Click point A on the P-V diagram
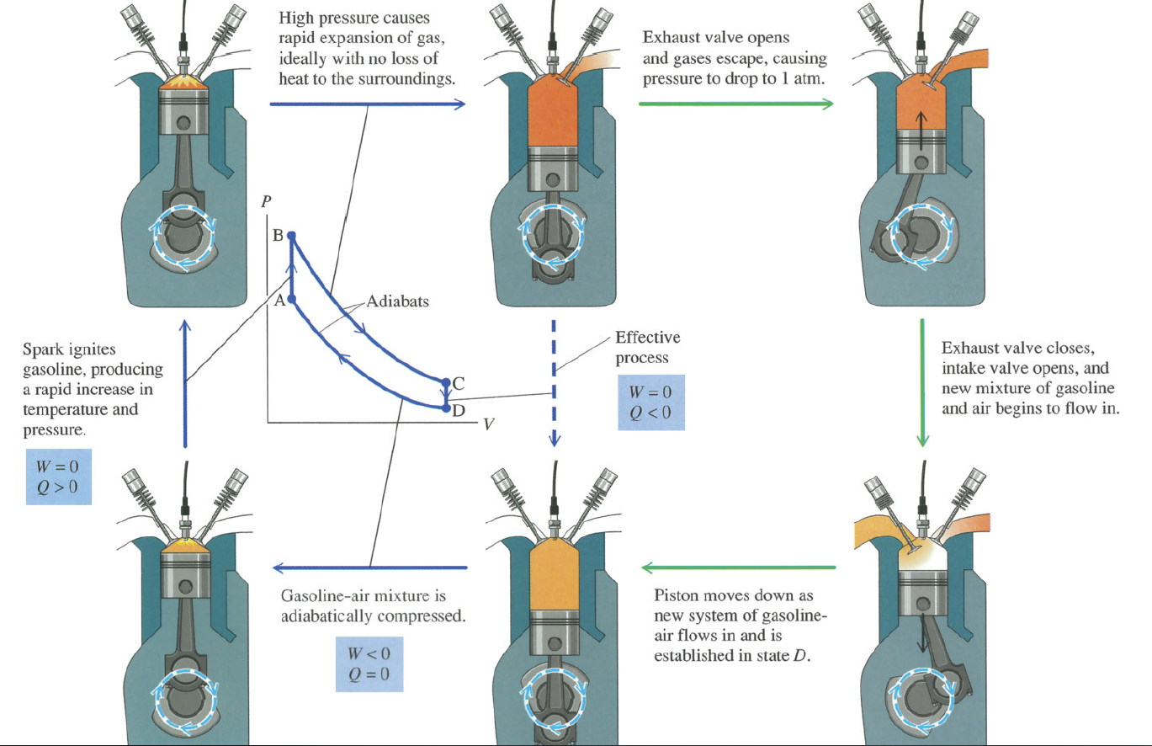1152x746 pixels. click(x=291, y=299)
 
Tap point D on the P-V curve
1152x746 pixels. click(x=446, y=408)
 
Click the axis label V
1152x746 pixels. click(x=487, y=424)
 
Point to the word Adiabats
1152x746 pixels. click(x=397, y=301)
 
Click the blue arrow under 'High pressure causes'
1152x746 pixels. click(x=368, y=104)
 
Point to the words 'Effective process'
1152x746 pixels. click(x=647, y=347)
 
